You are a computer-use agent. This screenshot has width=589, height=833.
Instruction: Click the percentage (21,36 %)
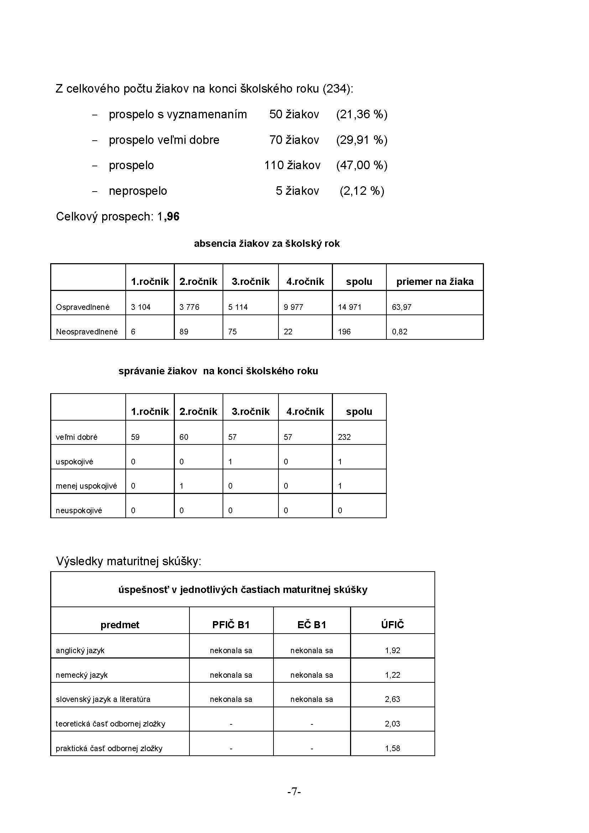361,115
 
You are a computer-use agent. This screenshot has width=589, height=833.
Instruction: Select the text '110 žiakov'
292,166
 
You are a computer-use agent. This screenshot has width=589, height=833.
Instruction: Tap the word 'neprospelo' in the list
138,191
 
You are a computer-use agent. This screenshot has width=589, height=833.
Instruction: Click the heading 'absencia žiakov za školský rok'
267,244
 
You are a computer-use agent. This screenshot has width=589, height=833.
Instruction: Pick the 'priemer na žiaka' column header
434,282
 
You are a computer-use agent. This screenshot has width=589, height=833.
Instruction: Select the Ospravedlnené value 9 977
293,307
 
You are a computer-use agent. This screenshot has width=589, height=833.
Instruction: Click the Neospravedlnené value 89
184,332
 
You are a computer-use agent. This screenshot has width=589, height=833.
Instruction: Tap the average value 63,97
401,307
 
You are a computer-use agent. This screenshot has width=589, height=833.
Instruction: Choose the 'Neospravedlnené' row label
87,332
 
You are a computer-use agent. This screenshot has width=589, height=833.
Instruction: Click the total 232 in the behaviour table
344,437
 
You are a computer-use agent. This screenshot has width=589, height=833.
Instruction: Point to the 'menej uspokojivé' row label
86,486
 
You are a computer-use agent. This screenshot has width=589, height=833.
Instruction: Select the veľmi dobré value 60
184,437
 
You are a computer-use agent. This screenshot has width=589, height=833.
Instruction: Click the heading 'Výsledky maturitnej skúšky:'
129,561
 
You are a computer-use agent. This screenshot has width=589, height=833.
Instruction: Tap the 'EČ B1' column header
312,625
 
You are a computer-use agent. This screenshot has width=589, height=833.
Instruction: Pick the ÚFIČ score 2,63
392,699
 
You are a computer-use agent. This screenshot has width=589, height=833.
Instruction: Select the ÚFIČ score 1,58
392,748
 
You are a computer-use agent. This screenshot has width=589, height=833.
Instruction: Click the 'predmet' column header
120,625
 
